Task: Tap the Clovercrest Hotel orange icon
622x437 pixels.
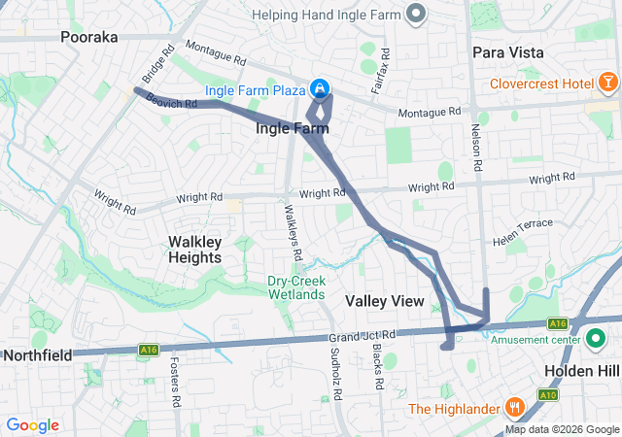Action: [x=607, y=84]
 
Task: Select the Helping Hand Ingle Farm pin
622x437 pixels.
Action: [x=417, y=15]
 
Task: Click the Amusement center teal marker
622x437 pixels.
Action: [x=595, y=339]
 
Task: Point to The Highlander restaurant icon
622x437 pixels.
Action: [x=514, y=408]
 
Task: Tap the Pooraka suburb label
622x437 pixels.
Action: [x=88, y=37]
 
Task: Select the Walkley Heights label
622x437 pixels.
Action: [x=208, y=249]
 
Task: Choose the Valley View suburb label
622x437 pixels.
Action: [x=385, y=301]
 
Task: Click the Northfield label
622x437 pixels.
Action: [x=37, y=355]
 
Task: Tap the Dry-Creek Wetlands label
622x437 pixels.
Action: [x=296, y=287]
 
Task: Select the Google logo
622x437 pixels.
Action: [x=33, y=425]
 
